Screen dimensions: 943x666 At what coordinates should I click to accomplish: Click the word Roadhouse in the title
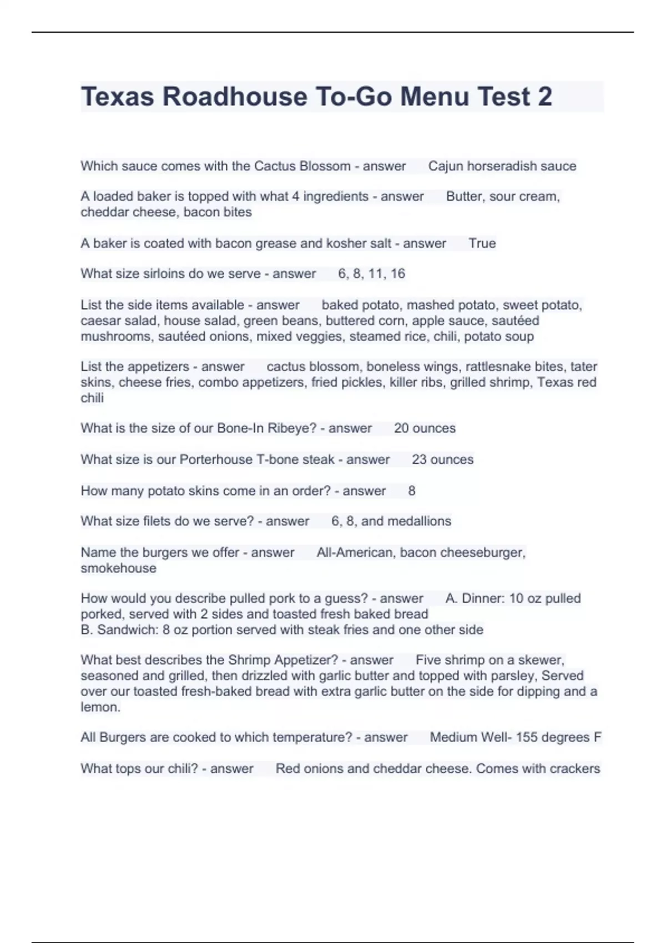tap(235, 97)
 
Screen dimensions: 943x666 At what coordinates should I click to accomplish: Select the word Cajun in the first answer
tap(445, 166)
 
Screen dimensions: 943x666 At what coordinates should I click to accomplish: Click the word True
tap(482, 243)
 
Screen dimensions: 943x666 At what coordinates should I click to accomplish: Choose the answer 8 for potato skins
tap(412, 491)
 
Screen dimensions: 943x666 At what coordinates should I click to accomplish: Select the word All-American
tap(354, 552)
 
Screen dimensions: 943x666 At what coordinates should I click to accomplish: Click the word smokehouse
tap(118, 568)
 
